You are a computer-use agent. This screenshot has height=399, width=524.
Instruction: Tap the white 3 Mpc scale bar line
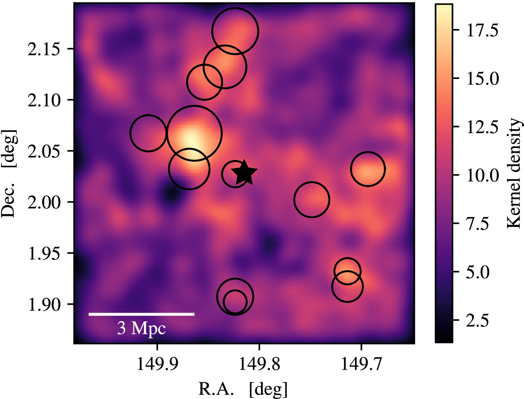click(141, 314)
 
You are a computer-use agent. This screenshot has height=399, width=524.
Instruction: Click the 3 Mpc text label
click(141, 328)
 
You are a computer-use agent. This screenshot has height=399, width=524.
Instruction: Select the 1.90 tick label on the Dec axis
click(44, 304)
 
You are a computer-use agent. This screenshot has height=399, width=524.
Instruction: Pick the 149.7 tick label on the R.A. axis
click(361, 364)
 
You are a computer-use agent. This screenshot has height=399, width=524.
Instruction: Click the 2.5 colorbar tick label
click(477, 320)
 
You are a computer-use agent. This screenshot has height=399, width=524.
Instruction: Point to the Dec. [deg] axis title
click(9, 173)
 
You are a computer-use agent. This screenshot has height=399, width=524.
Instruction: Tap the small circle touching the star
click(234, 174)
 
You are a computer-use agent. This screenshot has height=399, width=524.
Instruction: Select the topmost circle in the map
click(235, 31)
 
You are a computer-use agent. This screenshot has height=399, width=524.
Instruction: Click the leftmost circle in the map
click(148, 133)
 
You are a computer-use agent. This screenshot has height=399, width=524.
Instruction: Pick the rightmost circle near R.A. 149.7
click(368, 169)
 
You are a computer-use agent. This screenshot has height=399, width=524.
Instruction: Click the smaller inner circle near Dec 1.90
click(235, 302)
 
